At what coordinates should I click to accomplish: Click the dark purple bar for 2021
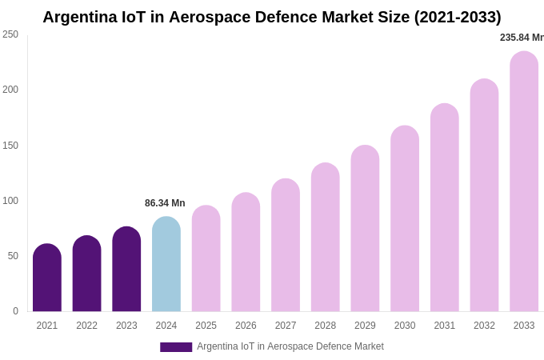click(47, 278)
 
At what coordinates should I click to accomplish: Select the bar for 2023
click(126, 270)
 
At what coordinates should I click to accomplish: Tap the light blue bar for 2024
click(166, 264)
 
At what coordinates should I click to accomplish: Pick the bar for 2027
click(286, 245)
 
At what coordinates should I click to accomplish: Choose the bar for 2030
click(405, 218)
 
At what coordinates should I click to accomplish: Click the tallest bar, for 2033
click(524, 182)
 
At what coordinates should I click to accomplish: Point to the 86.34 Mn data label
click(165, 203)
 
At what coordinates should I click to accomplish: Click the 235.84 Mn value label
click(522, 38)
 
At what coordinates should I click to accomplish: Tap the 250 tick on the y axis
click(10, 34)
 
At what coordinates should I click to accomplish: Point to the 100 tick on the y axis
click(10, 201)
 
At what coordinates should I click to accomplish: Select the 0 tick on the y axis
click(15, 311)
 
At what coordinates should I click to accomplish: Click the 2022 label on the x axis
click(86, 326)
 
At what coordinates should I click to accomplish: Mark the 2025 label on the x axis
click(206, 326)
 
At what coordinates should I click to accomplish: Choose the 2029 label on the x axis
click(365, 326)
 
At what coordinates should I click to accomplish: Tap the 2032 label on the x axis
click(484, 326)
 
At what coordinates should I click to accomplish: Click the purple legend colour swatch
click(176, 347)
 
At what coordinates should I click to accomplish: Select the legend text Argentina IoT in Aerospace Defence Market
click(290, 346)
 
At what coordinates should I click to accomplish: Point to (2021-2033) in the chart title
click(457, 17)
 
